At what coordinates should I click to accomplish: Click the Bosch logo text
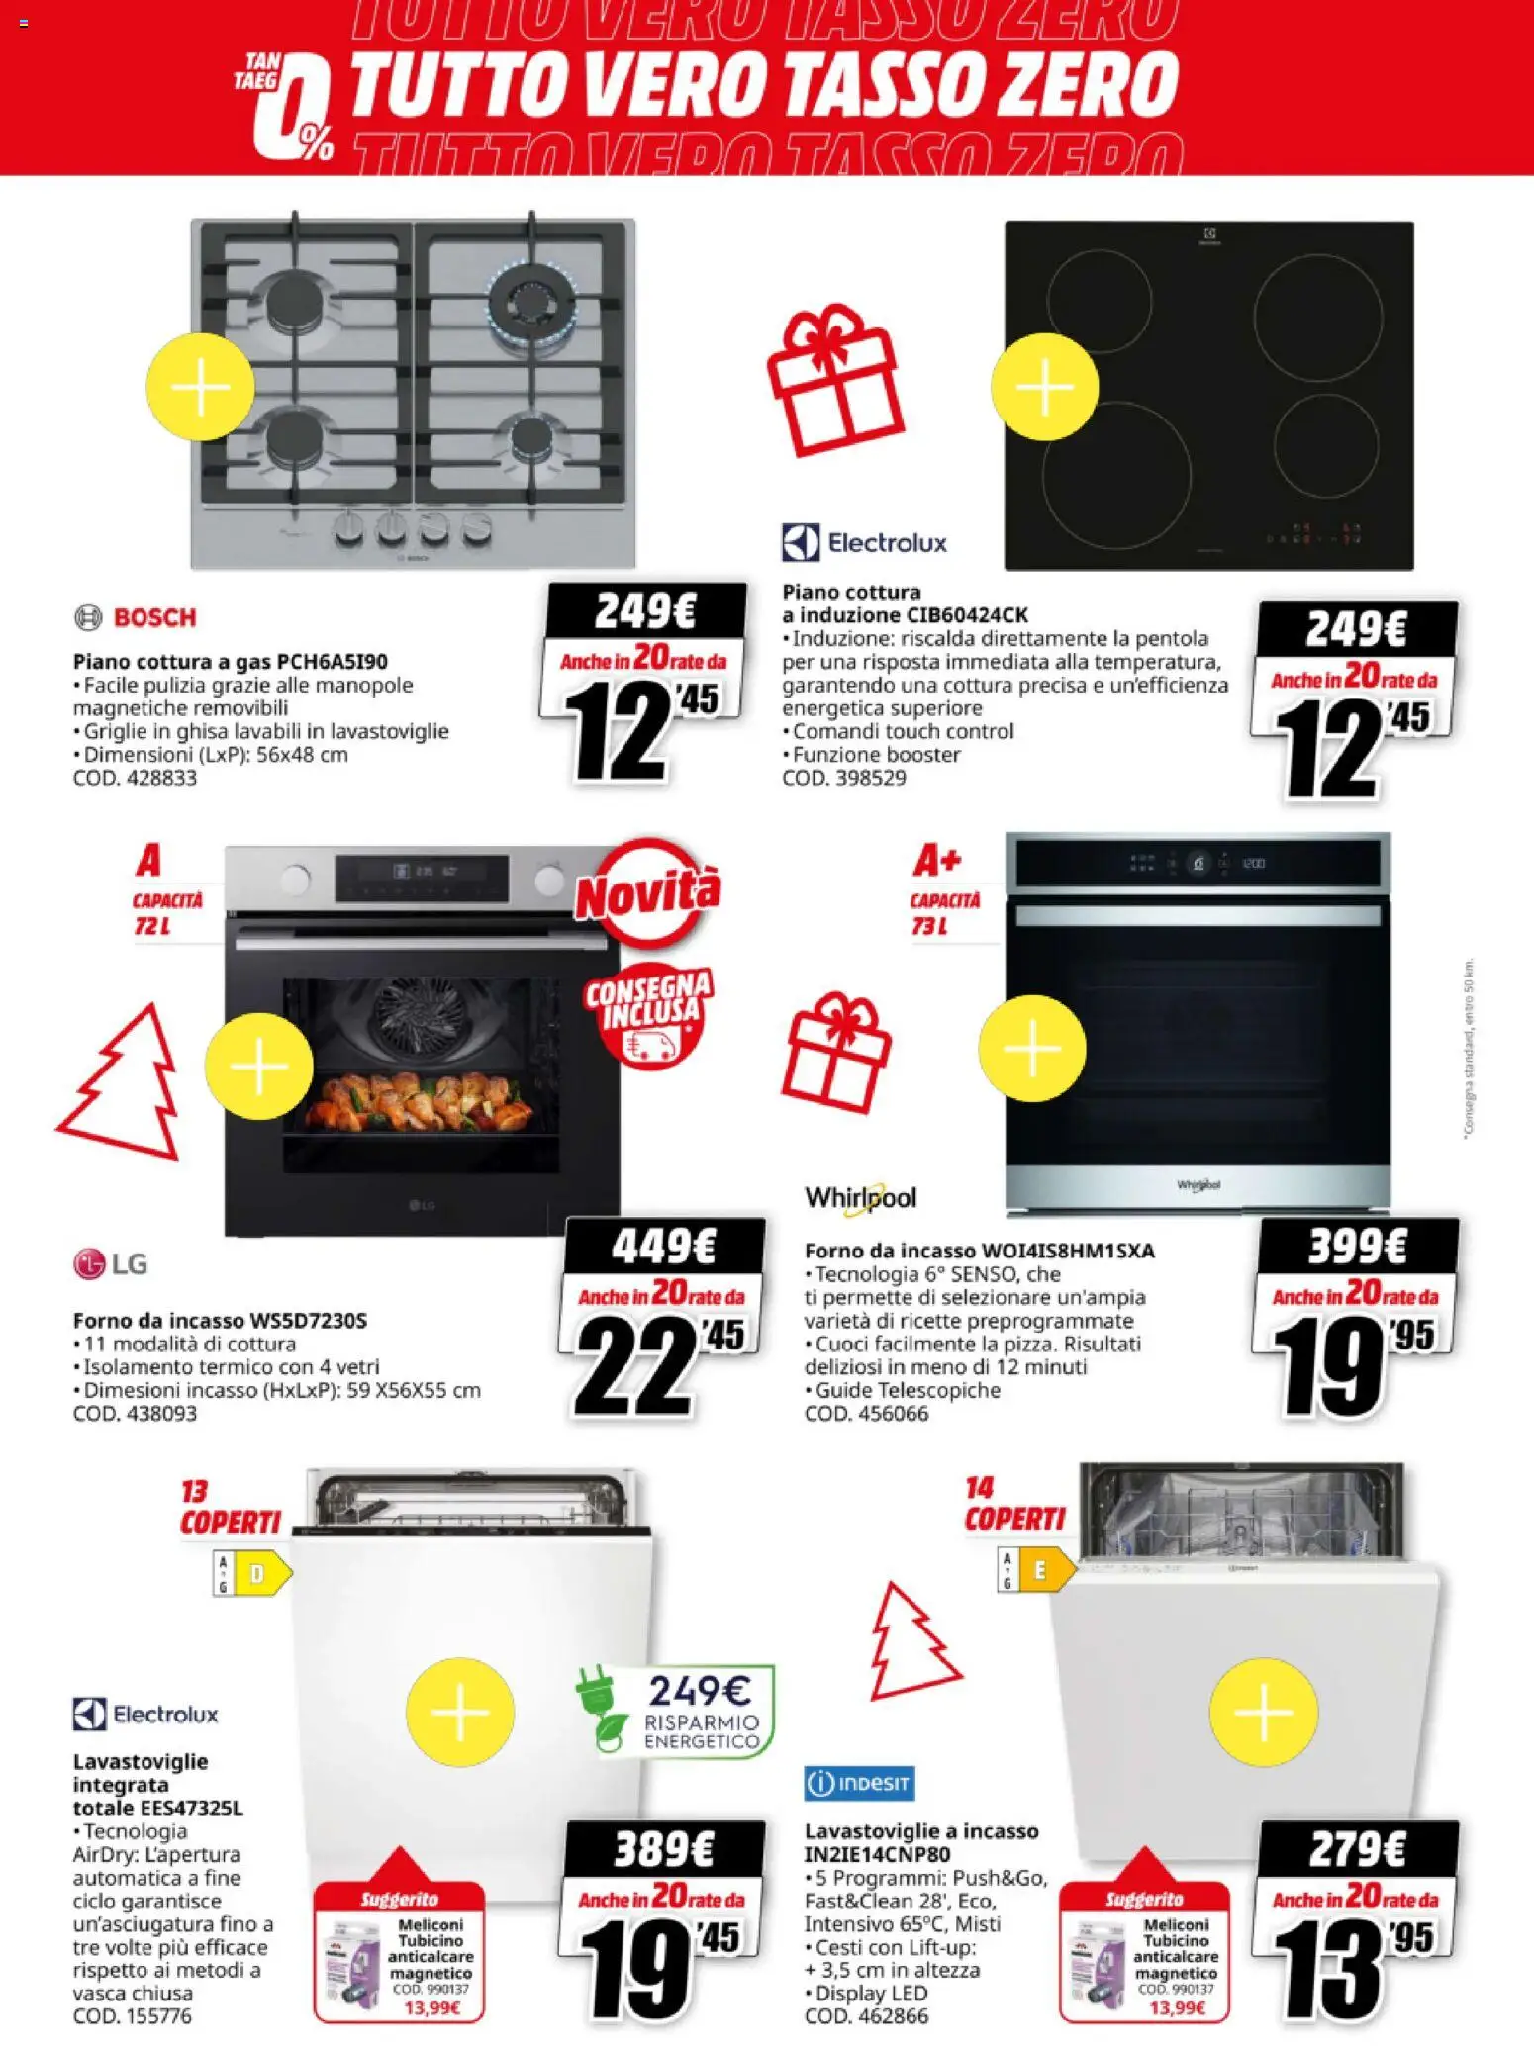point(153,618)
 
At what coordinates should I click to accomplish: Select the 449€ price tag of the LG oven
point(663,1246)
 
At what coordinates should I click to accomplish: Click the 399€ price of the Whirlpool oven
point(1357,1246)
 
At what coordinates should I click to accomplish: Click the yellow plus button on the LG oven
point(258,1067)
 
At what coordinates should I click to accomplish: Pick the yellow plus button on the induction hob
point(1045,387)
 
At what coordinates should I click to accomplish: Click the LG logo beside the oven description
point(111,1263)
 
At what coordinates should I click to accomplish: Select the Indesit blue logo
point(859,1783)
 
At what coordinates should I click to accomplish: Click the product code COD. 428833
point(135,778)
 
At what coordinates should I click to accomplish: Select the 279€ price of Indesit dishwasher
point(1357,1848)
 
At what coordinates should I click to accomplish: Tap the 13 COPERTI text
point(230,1509)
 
